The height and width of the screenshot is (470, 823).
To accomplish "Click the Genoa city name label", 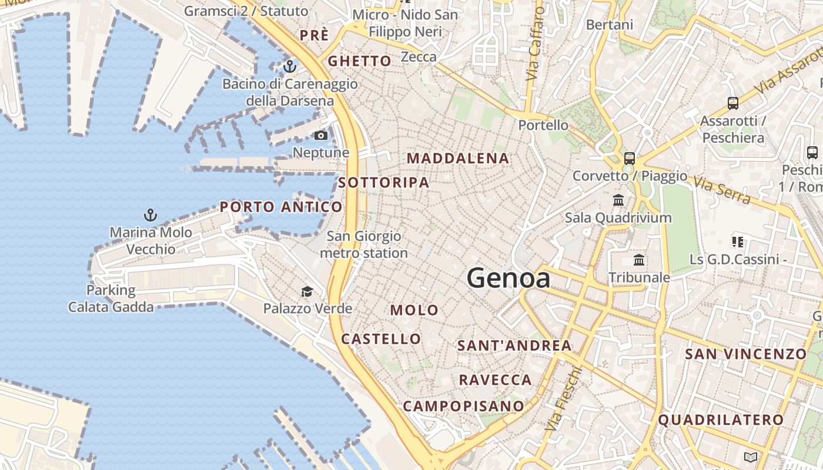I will click(x=508, y=278).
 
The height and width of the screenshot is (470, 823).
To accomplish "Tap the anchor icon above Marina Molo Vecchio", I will click(x=151, y=215).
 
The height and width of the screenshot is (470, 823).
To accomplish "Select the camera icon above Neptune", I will click(x=320, y=136).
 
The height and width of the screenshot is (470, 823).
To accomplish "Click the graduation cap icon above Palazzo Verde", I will click(x=307, y=291).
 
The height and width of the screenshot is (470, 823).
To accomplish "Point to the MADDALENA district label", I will click(x=458, y=158).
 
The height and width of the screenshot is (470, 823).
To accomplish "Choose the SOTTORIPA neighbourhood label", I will click(x=384, y=183).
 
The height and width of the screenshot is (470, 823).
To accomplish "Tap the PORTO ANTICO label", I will click(x=281, y=207).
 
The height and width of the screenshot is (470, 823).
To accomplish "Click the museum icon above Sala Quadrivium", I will click(x=618, y=200).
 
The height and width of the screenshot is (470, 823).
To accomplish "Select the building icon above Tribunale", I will click(x=639, y=260).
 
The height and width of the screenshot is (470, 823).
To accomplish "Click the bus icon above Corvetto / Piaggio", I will click(x=630, y=158).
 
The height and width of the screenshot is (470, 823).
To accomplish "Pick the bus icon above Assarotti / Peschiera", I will click(x=733, y=103).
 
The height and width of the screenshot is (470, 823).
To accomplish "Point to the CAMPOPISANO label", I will click(x=463, y=406).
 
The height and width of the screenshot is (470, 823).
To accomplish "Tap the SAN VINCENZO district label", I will click(x=746, y=354).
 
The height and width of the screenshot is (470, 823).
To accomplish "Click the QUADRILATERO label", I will click(x=721, y=420).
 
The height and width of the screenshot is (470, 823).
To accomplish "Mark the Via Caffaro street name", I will click(x=533, y=44).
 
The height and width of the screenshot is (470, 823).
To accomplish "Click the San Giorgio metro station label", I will click(x=364, y=244).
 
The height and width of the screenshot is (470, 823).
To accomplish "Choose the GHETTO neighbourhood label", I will click(x=359, y=61).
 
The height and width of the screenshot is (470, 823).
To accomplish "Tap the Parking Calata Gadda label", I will click(x=111, y=298).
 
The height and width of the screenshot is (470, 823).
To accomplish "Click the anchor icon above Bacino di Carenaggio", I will click(x=289, y=66).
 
